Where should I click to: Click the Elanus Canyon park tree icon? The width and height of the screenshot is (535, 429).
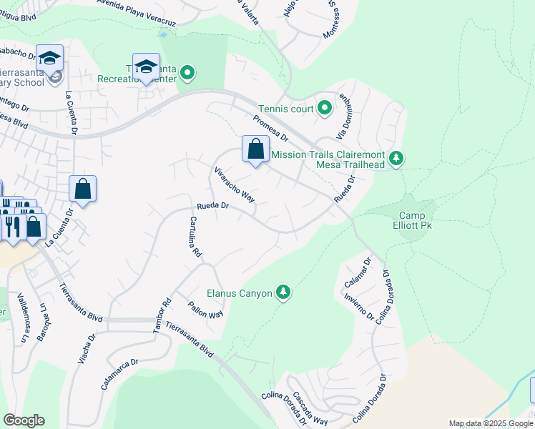(x=284, y=293)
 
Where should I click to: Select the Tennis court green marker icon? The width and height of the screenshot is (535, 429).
(x=324, y=109)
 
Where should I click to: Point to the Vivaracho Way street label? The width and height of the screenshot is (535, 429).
(x=235, y=184)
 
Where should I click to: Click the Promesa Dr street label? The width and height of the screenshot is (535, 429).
(x=270, y=127)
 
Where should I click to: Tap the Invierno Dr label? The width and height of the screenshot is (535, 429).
(x=359, y=305)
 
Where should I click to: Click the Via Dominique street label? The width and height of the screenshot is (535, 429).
(x=346, y=117)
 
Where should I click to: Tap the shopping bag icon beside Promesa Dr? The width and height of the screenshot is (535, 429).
(x=255, y=149)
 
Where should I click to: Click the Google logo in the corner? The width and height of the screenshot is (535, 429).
(x=24, y=420)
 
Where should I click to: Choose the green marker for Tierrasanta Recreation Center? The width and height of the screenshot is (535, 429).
(x=188, y=72)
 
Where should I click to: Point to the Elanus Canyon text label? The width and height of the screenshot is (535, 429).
(x=239, y=293)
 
